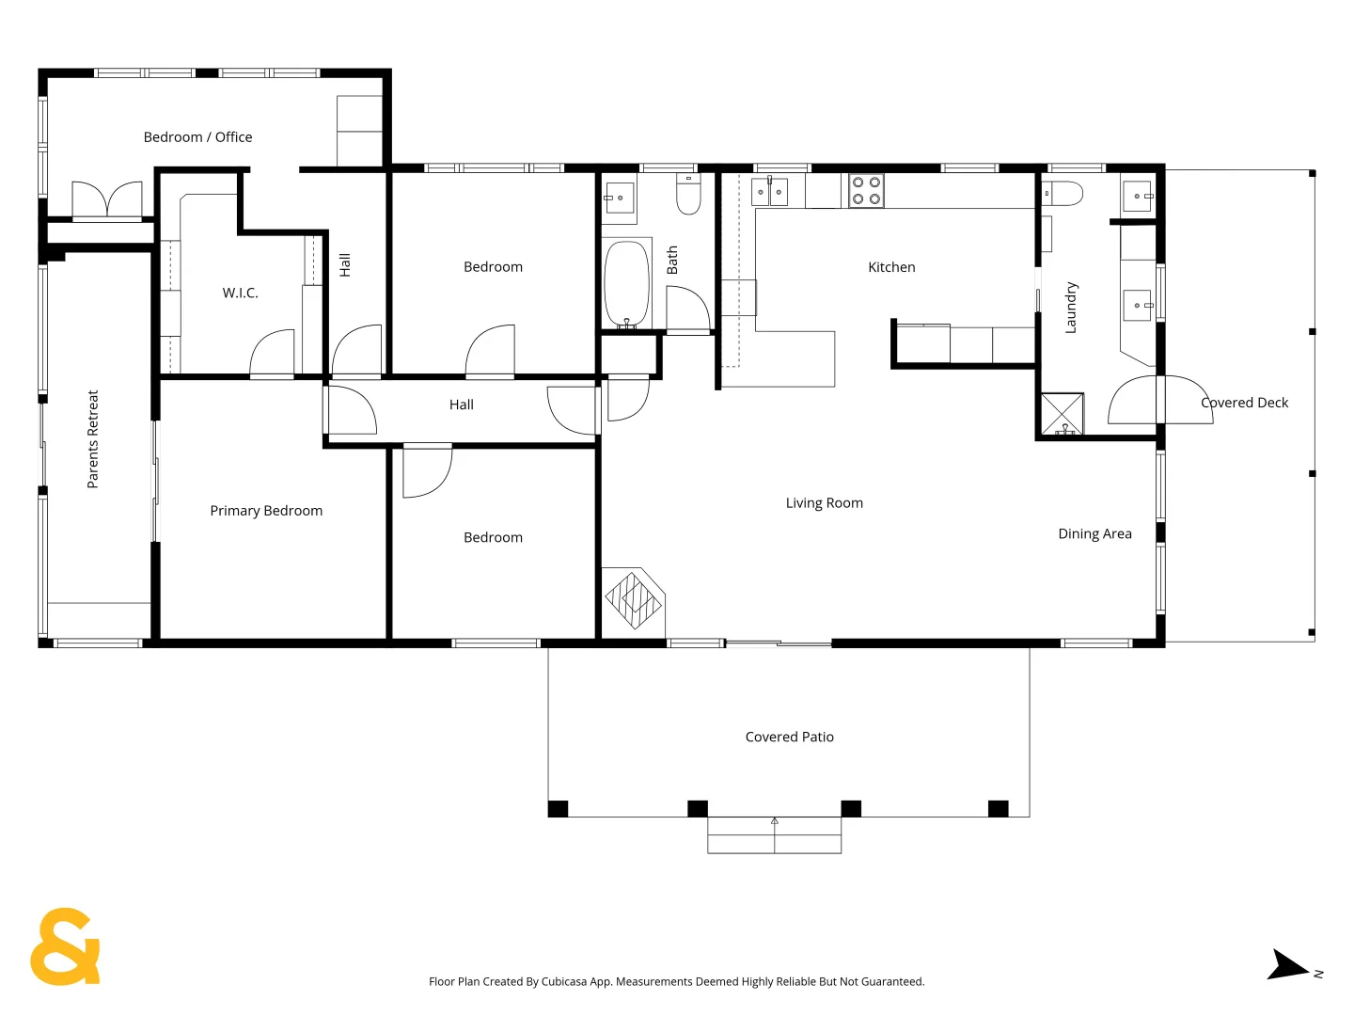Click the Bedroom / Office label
197,137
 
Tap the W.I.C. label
240,293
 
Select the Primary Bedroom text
266,511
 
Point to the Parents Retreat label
92,439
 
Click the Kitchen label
891,267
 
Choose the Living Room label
824,502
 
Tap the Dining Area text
1094,533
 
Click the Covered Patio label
789,737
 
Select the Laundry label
1071,308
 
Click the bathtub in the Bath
627,284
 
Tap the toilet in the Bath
688,194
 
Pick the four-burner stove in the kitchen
866,191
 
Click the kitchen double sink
769,191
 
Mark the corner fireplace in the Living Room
634,601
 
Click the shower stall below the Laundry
1063,414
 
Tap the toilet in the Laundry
1062,193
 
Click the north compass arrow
1287,965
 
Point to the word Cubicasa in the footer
564,981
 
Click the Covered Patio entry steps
774,835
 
